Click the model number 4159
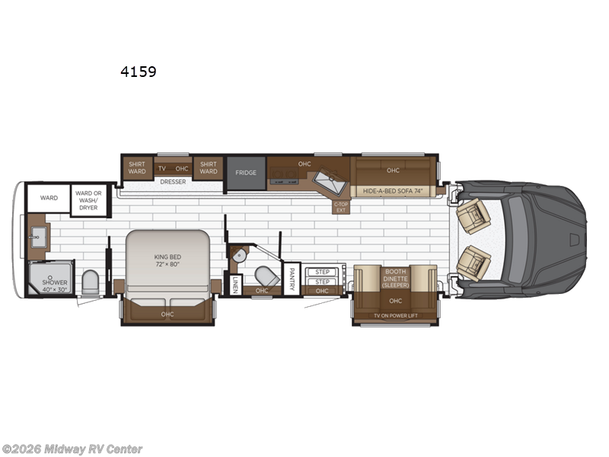pos(138,72)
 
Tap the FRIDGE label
pos(245,173)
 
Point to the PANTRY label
pos(292,278)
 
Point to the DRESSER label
pos(174,181)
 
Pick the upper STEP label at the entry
pos(322,272)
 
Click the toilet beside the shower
pos(90,282)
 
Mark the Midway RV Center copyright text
pos(72,449)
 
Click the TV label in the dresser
pos(161,168)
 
